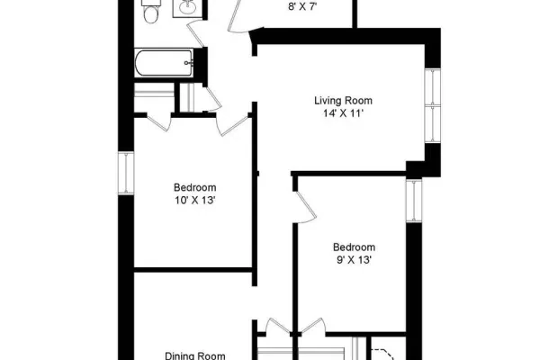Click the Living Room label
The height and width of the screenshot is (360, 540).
pyautogui.click(x=344, y=101)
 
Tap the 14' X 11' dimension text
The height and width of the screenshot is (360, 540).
pyautogui.click(x=344, y=113)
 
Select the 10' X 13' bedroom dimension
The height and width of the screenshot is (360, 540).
pyautogui.click(x=195, y=200)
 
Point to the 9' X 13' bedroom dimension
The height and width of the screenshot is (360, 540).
pyautogui.click(x=354, y=260)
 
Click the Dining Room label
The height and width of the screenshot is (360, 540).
pyautogui.click(x=195, y=355)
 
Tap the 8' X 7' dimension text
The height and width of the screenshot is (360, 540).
pyautogui.click(x=302, y=7)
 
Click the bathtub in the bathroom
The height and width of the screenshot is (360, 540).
pyautogui.click(x=164, y=63)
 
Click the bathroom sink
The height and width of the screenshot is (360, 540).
pyautogui.click(x=188, y=8)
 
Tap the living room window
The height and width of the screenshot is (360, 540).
pyautogui.click(x=433, y=105)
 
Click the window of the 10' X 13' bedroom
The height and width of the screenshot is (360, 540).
pyautogui.click(x=126, y=173)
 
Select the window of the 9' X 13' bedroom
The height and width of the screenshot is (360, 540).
pyautogui.click(x=414, y=201)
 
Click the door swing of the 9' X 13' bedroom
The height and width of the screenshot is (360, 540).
pyautogui.click(x=305, y=207)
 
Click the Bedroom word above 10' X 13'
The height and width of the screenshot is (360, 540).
pyautogui.click(x=195, y=187)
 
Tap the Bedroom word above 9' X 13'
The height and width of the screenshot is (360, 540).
pyautogui.click(x=354, y=247)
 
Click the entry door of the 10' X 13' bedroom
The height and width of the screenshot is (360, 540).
pyautogui.click(x=233, y=125)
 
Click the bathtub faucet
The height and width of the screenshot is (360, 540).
pyautogui.click(x=188, y=63)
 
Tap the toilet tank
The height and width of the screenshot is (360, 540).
pyautogui.click(x=150, y=3)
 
